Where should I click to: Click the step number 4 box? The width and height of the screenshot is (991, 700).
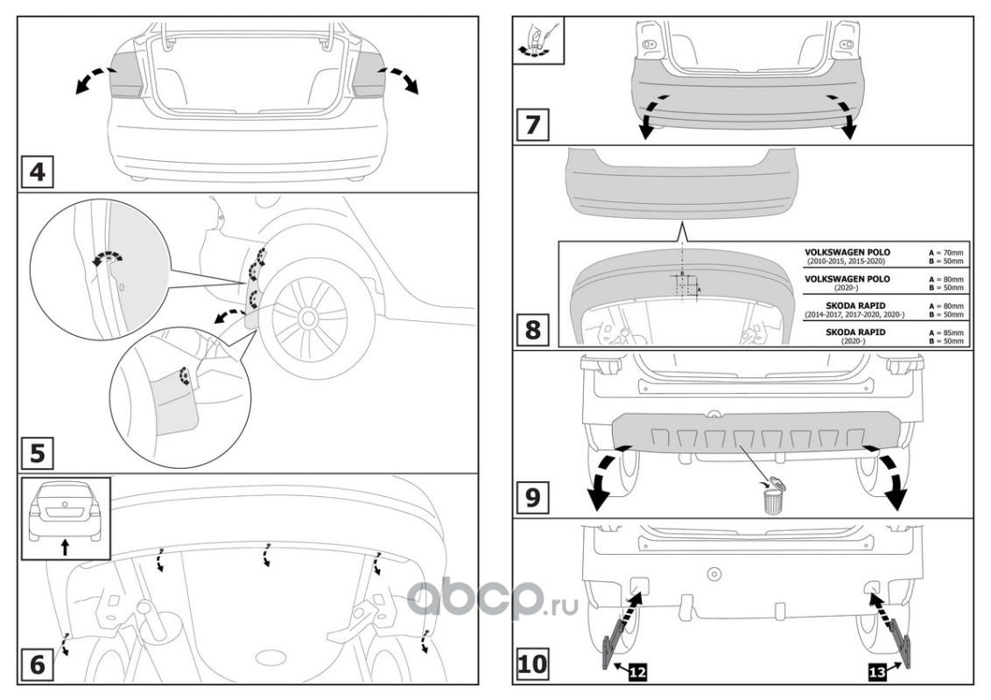37,169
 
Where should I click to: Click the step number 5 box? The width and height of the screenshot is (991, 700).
37,453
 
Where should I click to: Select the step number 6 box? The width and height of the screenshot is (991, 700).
37,663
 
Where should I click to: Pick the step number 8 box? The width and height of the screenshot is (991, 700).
531,332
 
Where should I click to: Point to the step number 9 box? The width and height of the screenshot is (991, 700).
531,497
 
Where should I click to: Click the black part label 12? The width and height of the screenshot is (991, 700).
636,672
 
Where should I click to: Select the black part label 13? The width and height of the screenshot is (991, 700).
876,672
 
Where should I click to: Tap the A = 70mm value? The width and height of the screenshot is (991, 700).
945,252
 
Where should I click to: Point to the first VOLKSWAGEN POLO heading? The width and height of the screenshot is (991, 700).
847,252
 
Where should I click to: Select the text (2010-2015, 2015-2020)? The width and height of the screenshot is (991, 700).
847,261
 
